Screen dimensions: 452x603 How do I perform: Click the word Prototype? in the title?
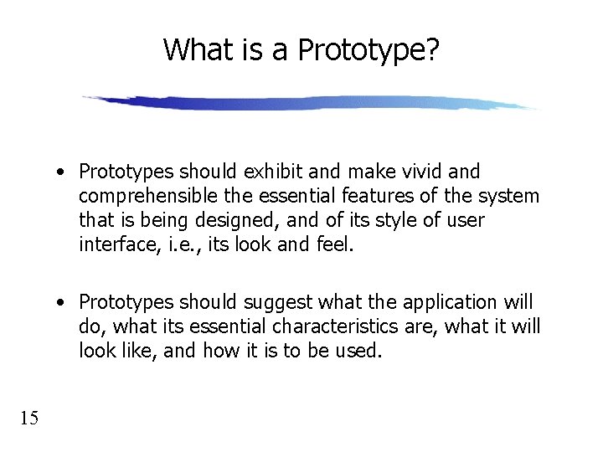[368, 50]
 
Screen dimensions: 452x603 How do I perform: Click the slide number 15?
[28, 418]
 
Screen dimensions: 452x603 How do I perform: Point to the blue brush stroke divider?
[310, 103]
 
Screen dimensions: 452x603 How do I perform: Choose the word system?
[510, 197]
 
